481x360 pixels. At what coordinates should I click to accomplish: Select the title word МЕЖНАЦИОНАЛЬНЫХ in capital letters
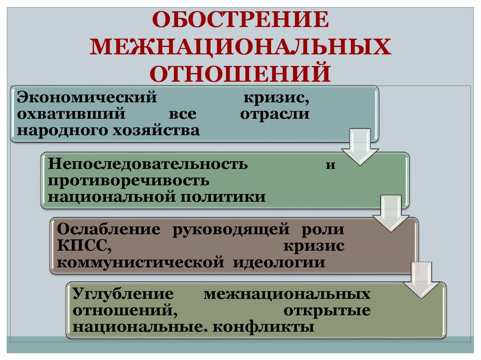click(240, 47)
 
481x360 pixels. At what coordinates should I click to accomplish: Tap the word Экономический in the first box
click(86, 98)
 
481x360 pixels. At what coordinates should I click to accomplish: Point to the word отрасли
click(275, 114)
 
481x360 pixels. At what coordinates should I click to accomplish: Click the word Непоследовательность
click(147, 164)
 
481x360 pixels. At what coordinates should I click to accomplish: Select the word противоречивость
click(128, 180)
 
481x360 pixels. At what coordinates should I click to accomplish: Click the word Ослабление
click(109, 230)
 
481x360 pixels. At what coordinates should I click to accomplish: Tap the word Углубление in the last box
click(124, 294)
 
